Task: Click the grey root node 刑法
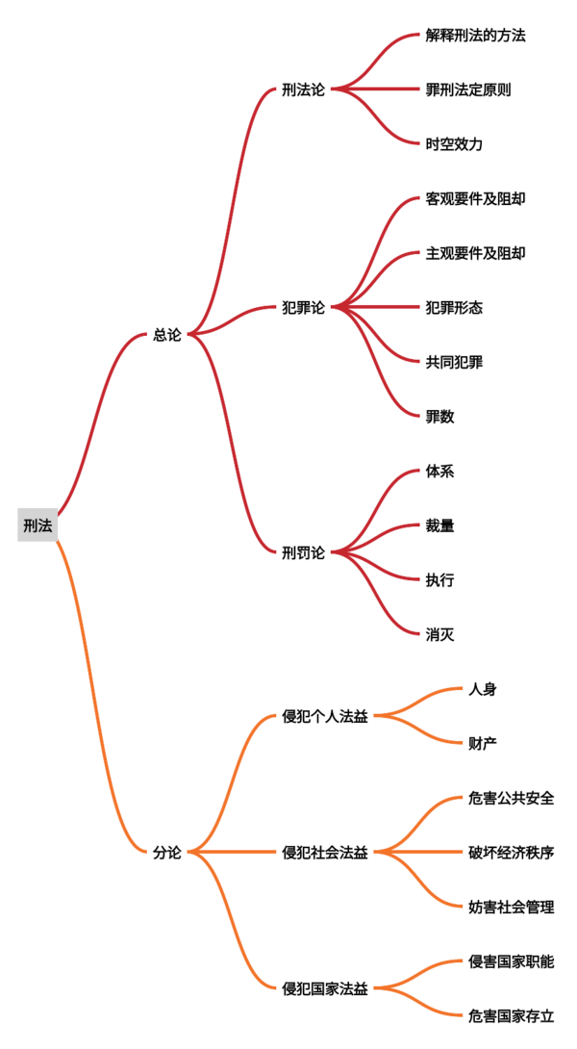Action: pyautogui.click(x=38, y=525)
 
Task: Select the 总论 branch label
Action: pyautogui.click(x=167, y=335)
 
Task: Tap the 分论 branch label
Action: pyautogui.click(x=167, y=853)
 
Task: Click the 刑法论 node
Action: pyautogui.click(x=304, y=90)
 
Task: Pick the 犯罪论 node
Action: pyautogui.click(x=304, y=308)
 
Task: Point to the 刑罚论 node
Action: pyautogui.click(x=304, y=553)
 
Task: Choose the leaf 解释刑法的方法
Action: pyautogui.click(x=475, y=36)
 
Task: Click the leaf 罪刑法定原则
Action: pyautogui.click(x=468, y=90)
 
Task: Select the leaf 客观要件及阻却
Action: pyautogui.click(x=475, y=198)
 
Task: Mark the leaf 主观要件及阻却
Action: pyautogui.click(x=475, y=253)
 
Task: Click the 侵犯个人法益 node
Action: pyautogui.click(x=326, y=717)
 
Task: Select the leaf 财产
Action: pyautogui.click(x=484, y=743)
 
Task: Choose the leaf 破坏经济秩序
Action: pyautogui.click(x=513, y=853)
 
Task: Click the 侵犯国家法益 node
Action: pyautogui.click(x=326, y=988)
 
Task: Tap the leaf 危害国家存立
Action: pyautogui.click(x=513, y=1015)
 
